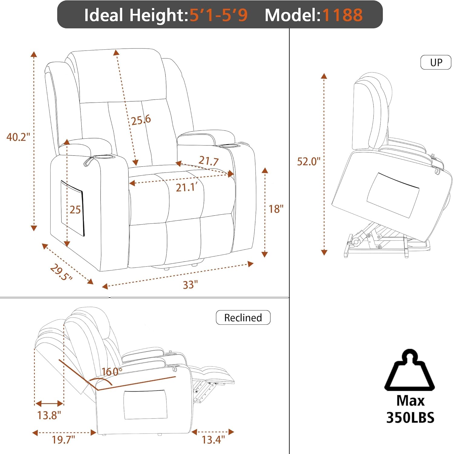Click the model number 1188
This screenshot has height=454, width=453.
point(342,15)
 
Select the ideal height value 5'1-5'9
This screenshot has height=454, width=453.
point(219,15)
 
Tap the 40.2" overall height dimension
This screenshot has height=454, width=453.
point(18,137)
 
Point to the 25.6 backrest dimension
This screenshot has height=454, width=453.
point(141,120)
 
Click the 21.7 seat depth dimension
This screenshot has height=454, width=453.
point(209,160)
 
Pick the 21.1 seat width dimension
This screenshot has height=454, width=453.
point(187,187)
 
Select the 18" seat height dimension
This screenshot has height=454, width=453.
point(276,209)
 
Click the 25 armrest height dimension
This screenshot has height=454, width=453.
point(75,209)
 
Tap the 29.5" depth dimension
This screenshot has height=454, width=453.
point(61,272)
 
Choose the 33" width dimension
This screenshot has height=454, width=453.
point(190,285)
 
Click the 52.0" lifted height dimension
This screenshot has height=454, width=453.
point(308,161)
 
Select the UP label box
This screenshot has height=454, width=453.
point(436,62)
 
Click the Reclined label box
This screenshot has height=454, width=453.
point(243,317)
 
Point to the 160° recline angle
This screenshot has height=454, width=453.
point(112,371)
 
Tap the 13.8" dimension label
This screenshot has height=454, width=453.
point(49,415)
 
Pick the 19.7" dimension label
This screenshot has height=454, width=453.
point(63,439)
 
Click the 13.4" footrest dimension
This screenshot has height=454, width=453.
point(213,439)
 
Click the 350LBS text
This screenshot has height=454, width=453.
point(410,417)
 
